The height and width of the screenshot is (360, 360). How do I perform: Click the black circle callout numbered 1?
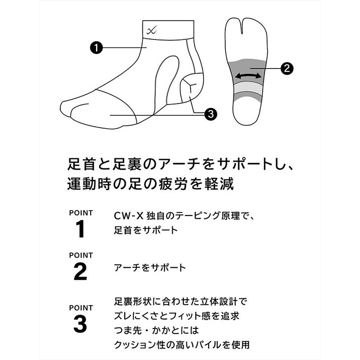point(97,48)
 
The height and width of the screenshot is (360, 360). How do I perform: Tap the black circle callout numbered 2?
point(287,68)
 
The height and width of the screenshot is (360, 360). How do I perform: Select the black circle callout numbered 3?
point(211,114)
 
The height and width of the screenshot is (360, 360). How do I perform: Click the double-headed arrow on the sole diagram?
point(248,76)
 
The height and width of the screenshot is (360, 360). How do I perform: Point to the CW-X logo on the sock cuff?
point(151,30)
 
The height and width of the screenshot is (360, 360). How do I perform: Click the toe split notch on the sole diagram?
point(242,27)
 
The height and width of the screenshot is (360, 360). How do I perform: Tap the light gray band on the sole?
point(248,88)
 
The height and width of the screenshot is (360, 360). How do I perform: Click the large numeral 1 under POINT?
point(80,229)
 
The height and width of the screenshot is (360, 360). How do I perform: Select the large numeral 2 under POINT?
point(80,272)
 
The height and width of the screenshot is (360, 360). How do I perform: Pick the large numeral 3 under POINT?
point(80,324)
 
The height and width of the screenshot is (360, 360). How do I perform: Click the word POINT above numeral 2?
point(81,255)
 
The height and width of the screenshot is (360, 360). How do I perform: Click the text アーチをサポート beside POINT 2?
point(150,268)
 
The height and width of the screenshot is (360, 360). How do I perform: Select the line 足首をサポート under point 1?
point(146,230)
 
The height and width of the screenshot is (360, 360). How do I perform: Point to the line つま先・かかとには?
point(157,330)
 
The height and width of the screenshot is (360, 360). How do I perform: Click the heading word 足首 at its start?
point(81,164)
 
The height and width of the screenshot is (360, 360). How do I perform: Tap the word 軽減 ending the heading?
point(219,184)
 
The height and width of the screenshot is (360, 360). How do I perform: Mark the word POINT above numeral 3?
point(81,308)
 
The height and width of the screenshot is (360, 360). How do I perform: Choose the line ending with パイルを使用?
point(182,345)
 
